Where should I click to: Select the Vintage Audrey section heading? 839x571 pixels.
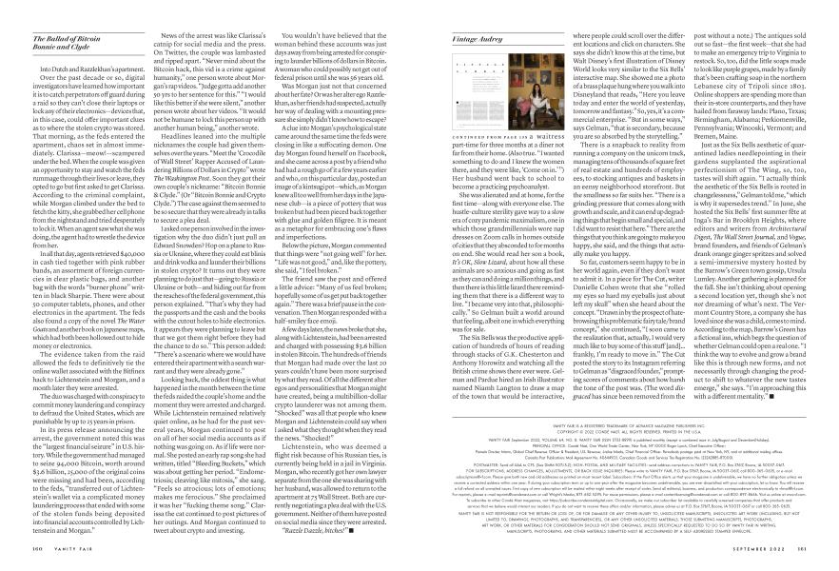tap(452, 11)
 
